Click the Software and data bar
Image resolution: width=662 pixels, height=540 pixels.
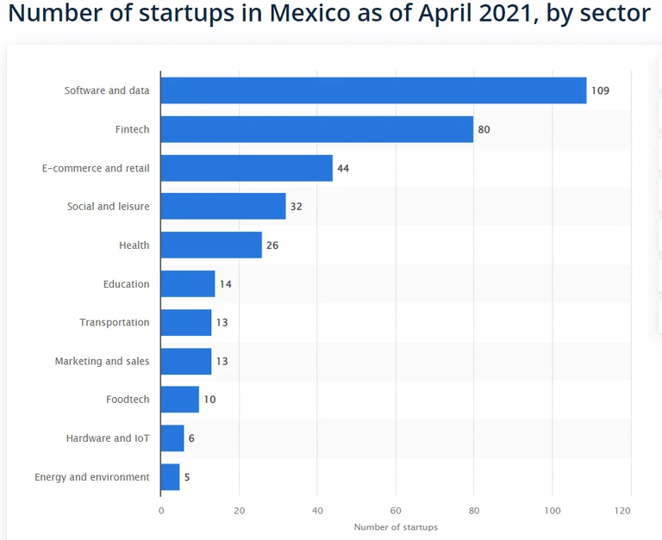coord(373,90)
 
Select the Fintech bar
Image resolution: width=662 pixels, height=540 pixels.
coord(316,129)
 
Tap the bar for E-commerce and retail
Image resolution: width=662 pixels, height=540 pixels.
coord(247,168)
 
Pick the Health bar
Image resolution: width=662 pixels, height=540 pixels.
coord(211,245)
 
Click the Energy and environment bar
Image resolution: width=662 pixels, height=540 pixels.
coord(170,477)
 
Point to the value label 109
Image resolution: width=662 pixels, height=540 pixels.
coord(600,90)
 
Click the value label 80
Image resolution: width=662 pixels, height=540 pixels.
coord(484,129)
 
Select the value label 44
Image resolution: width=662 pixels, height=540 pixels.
coord(343,168)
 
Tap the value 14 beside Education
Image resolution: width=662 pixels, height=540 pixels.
coord(225,284)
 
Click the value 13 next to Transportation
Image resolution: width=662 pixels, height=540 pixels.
coord(222,323)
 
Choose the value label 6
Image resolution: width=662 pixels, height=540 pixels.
coord(191,438)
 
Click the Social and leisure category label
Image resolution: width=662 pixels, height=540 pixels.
coord(108,207)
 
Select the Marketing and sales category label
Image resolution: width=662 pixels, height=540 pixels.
coord(102,361)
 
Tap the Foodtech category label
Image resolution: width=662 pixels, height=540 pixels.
coord(128,400)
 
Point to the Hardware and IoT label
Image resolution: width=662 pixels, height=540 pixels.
coord(108,438)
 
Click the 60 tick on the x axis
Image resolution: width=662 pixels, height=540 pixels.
coord(396,510)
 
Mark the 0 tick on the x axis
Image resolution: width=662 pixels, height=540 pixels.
coord(161,510)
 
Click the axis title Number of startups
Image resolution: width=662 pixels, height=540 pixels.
coord(396,527)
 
